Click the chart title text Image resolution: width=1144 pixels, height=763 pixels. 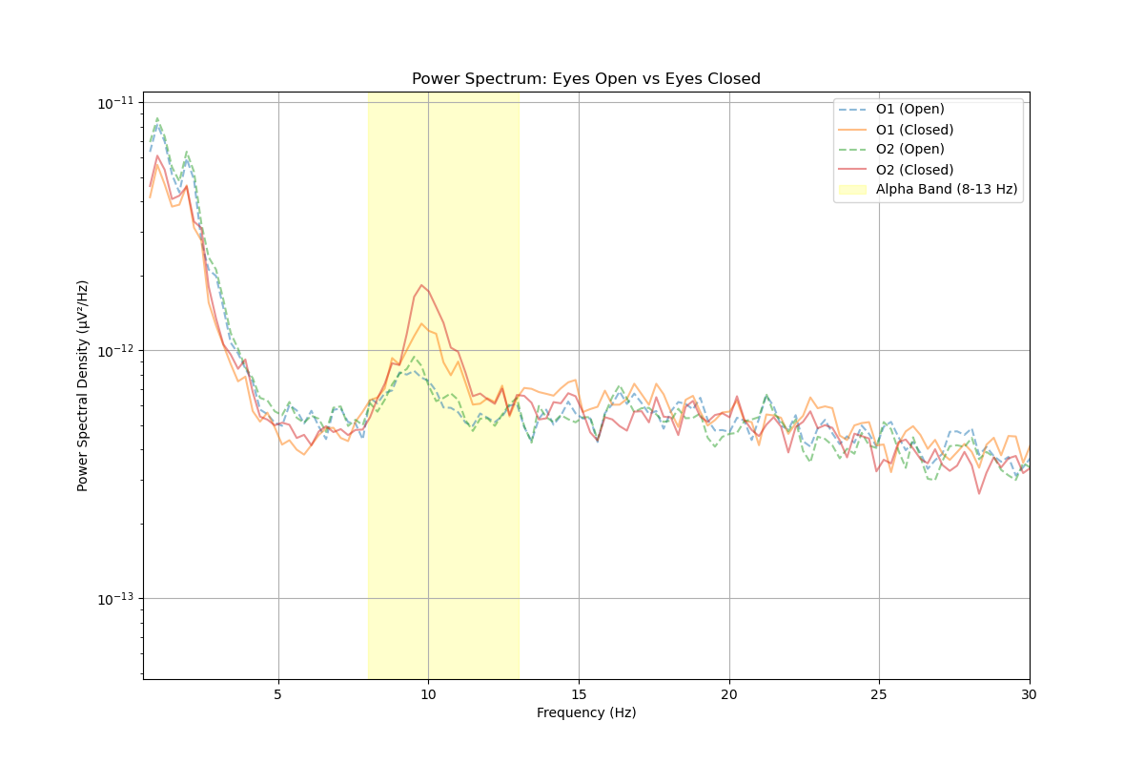pos(585,79)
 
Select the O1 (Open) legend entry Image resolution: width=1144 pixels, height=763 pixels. pos(909,109)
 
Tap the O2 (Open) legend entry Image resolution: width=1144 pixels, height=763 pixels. pos(909,149)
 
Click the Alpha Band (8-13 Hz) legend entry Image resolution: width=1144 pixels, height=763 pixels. pos(946,189)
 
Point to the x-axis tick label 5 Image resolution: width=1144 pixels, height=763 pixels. pos(278,693)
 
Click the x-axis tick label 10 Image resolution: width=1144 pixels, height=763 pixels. pos(428,693)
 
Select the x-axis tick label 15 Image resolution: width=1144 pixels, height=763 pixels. pos(579,693)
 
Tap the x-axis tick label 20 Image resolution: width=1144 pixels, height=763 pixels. pos(729,693)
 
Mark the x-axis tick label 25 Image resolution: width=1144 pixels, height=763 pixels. pos(879,693)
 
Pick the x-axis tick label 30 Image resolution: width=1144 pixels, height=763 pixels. pos(1030,693)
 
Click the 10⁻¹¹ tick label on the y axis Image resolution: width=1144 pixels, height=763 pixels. pos(117,102)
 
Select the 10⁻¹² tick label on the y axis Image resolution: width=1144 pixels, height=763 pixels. pos(117,350)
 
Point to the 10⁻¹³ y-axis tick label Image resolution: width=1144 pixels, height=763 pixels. pos(117,598)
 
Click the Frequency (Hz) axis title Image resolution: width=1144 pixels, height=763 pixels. pos(585,712)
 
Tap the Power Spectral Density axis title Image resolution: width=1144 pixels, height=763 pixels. pos(83,385)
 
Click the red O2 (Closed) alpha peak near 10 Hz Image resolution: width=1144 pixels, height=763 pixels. pos(421,285)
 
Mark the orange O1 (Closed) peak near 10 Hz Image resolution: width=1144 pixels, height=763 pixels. pos(421,323)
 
